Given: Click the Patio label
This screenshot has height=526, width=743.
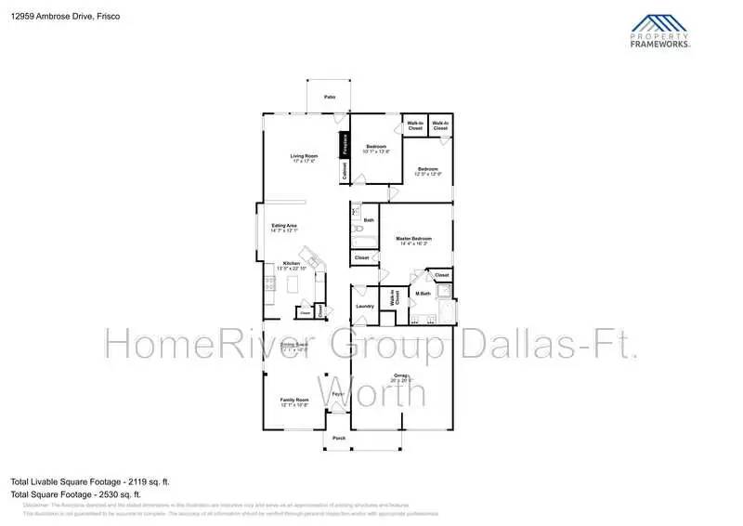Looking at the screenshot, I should [x=329, y=97].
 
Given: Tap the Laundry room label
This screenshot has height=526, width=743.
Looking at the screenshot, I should [x=365, y=306].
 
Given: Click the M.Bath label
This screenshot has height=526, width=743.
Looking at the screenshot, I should [x=423, y=295].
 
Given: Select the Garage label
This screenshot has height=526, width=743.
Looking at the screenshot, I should [x=401, y=376].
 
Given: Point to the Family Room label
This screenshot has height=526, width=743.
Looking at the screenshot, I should [x=294, y=401].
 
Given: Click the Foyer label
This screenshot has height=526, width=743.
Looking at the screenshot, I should [x=338, y=394].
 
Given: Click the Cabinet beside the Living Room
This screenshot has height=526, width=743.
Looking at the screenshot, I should [x=345, y=172].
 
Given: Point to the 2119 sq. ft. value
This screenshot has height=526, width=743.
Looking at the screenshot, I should [x=149, y=482].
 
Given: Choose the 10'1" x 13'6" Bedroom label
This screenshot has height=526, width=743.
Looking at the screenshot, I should [x=377, y=149].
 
